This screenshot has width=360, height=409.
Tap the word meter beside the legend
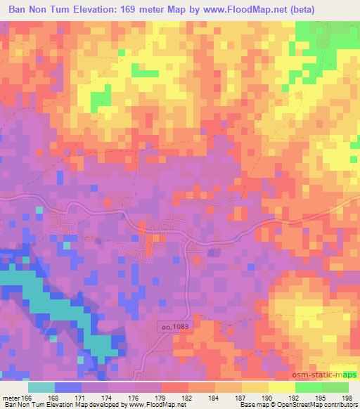tap(9, 398)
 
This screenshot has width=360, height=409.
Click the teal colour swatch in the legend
tap(41, 387)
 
